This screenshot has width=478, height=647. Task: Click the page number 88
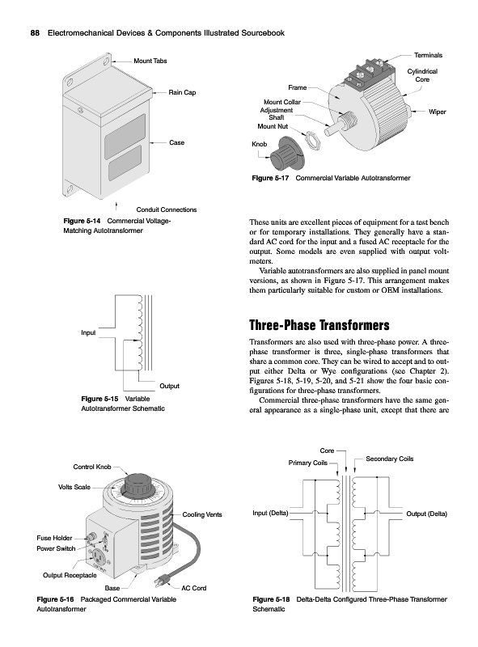(35, 33)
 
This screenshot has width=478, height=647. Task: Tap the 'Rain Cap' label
(182, 92)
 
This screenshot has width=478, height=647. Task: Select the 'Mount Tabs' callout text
(150, 61)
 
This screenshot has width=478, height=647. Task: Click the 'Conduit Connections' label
(167, 209)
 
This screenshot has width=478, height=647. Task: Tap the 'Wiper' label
(437, 112)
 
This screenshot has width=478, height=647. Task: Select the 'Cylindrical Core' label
(422, 75)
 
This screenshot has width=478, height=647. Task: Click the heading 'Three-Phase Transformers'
(319, 325)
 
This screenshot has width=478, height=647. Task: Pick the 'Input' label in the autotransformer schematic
(88, 332)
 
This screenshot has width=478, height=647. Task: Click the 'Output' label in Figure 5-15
(169, 387)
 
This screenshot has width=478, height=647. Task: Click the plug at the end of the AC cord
(162, 582)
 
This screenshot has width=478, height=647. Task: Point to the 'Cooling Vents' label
(202, 514)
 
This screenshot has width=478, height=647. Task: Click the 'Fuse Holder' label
(54, 538)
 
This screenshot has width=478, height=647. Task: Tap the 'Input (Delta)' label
(270, 513)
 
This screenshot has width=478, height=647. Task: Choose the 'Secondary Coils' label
(390, 459)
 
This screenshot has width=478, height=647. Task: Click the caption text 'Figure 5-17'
(270, 178)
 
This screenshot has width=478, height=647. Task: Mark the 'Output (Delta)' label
(427, 514)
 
